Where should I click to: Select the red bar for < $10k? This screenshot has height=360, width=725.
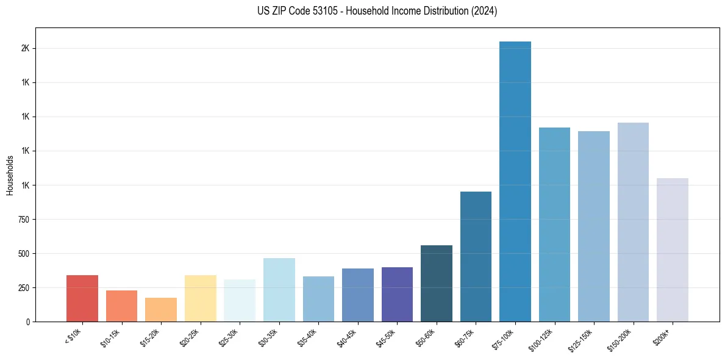point(82,298)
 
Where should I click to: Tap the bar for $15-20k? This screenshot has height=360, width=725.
point(161,309)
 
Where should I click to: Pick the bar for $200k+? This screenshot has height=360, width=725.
point(673,250)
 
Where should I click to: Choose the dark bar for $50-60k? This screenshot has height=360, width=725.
point(437,283)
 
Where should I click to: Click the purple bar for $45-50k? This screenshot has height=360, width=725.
point(397,294)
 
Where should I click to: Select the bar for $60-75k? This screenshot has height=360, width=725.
point(476,256)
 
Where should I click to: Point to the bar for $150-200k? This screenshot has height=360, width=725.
point(633,222)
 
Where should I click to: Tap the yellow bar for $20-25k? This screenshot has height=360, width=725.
point(200,298)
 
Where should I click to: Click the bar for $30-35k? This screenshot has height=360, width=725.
point(279,290)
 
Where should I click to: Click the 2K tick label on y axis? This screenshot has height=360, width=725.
point(26,48)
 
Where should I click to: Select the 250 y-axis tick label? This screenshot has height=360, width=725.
point(24,287)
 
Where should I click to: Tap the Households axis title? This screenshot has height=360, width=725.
point(10,175)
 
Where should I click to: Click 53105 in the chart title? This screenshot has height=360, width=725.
point(319,11)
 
